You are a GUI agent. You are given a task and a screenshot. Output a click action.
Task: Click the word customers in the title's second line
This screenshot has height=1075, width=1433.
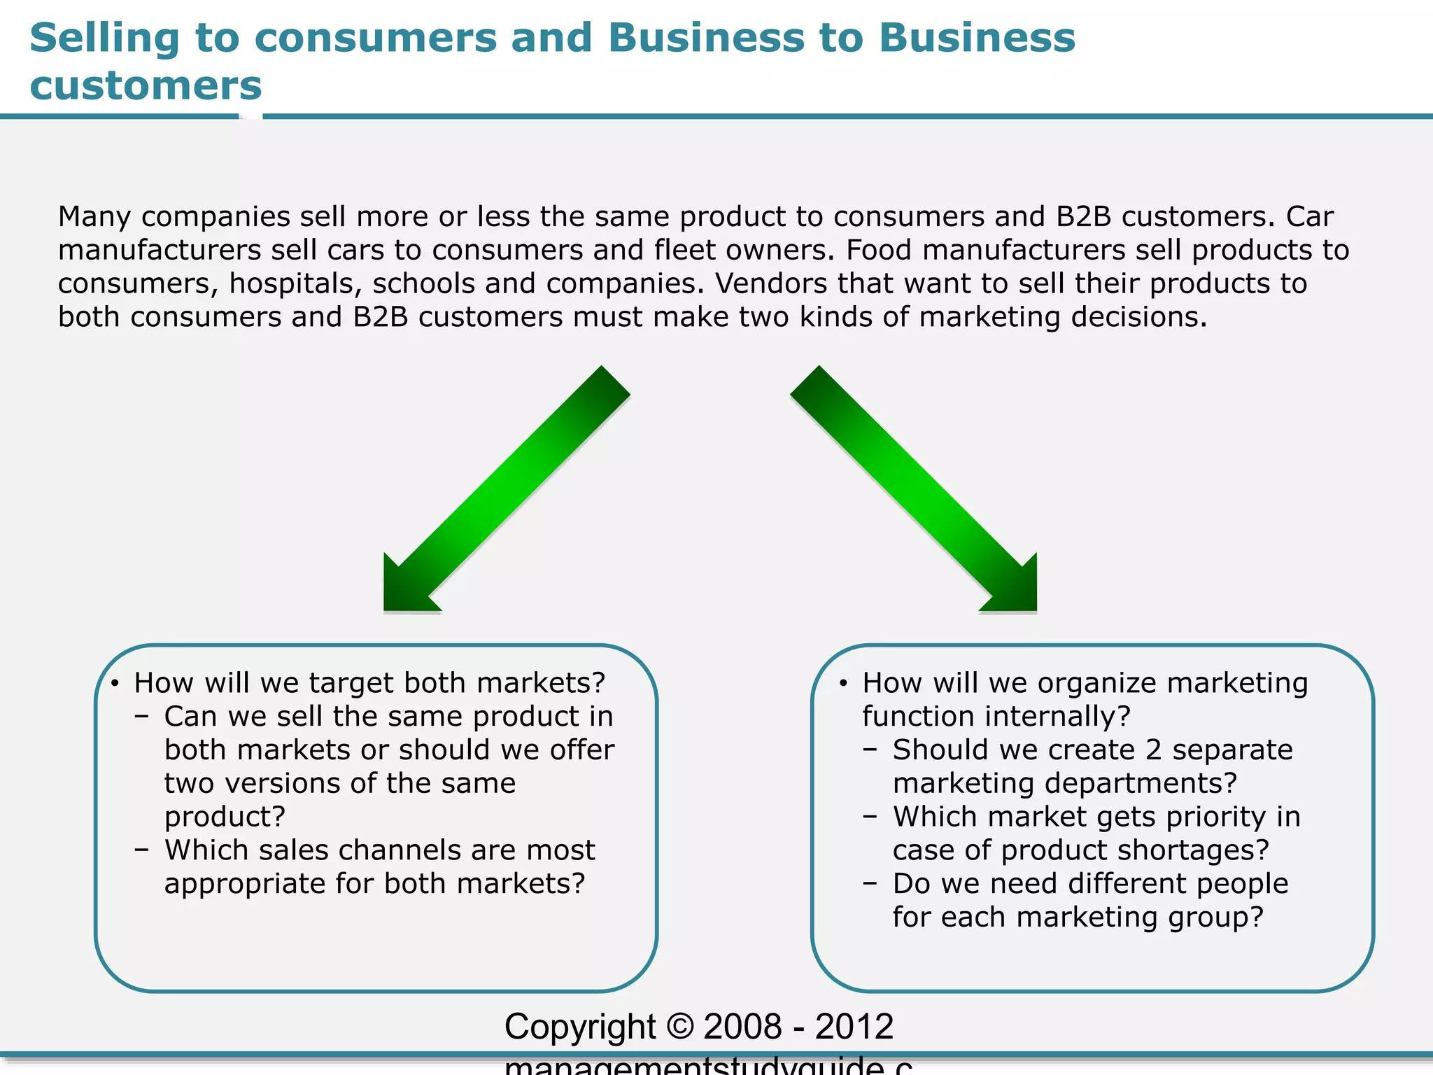(x=146, y=86)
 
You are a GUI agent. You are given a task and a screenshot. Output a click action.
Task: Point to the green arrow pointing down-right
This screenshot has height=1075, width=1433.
(x=917, y=490)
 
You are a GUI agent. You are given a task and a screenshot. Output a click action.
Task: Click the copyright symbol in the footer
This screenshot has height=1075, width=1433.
(x=679, y=1027)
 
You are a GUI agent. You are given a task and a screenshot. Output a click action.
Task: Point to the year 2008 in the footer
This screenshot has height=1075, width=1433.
(x=742, y=1027)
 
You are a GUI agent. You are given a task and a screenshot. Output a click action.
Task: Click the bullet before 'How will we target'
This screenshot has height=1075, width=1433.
(x=115, y=683)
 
